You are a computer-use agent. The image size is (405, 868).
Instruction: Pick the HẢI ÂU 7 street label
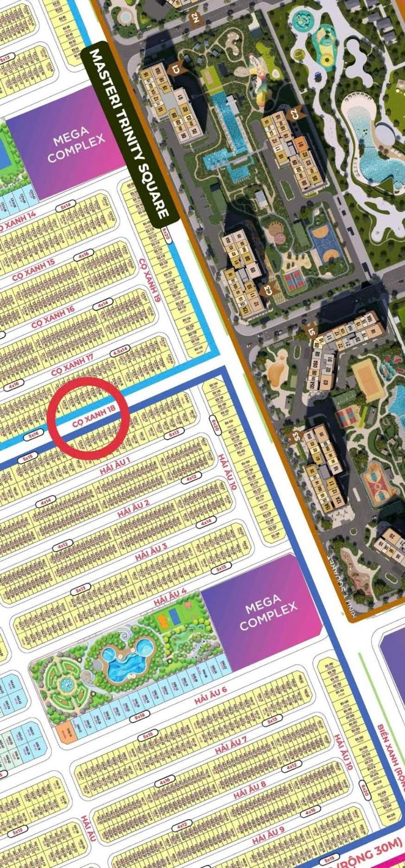coord(231,744)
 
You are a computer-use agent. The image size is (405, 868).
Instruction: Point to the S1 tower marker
coord(311,332)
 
